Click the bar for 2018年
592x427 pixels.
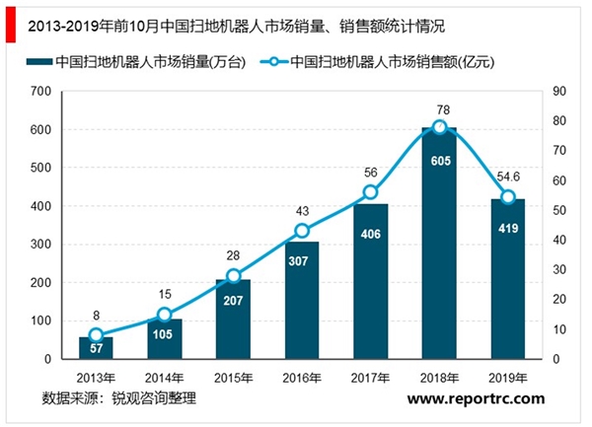pyautogui.click(x=440, y=247)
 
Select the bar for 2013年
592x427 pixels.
pyautogui.click(x=96, y=348)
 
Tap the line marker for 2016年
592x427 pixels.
pyautogui.click(x=302, y=231)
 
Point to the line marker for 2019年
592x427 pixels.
pyautogui.click(x=508, y=197)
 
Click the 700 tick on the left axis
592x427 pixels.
pyautogui.click(x=40, y=92)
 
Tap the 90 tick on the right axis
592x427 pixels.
pyautogui.click(x=558, y=92)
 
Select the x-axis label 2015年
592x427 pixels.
pyautogui.click(x=233, y=378)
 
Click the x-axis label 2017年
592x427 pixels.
pyautogui.click(x=371, y=378)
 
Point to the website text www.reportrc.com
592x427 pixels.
pyautogui.click(x=475, y=398)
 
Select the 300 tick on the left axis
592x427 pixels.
pyautogui.click(x=40, y=245)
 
